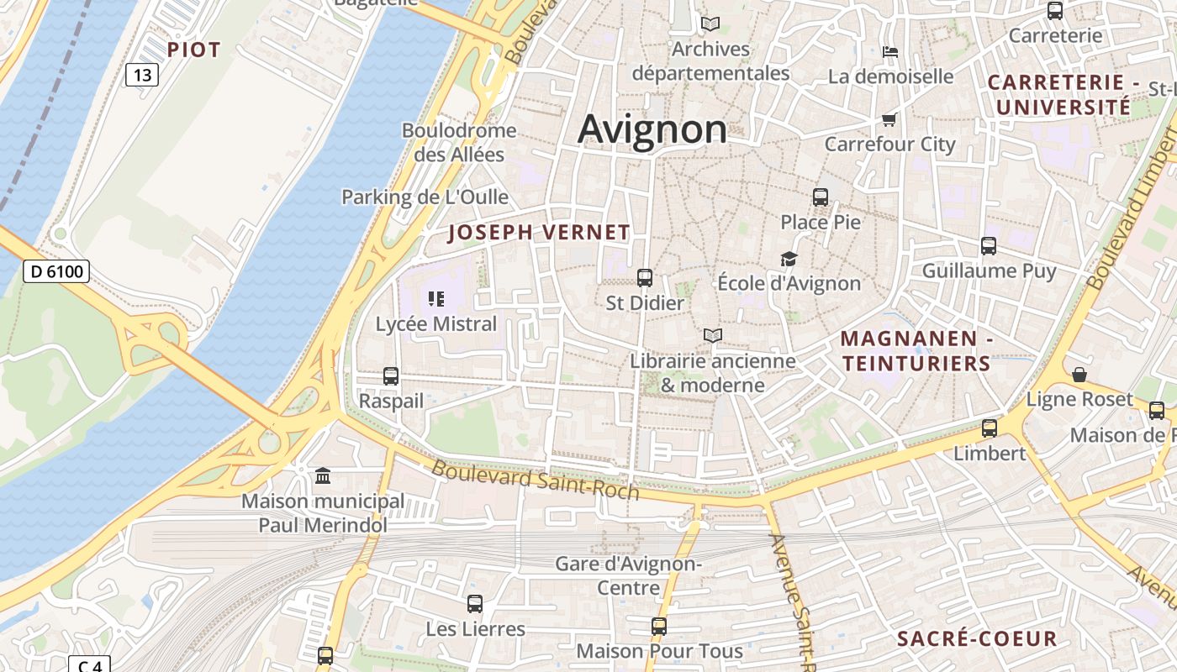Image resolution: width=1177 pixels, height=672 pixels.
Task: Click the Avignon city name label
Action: coord(652,129)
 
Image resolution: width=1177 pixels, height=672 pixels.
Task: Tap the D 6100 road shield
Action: coord(55,271)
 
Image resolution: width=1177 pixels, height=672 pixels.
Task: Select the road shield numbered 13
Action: coord(142,75)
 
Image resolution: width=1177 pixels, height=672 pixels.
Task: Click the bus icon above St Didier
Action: coord(645,277)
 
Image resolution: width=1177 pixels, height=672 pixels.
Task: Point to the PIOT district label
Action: coord(193,50)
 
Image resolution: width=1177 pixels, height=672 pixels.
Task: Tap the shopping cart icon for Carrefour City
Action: coord(889,119)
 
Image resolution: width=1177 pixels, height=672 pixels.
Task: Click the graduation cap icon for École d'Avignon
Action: coord(789,259)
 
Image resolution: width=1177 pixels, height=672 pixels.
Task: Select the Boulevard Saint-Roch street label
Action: coord(536,480)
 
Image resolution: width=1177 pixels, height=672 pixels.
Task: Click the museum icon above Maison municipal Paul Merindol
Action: coord(323,477)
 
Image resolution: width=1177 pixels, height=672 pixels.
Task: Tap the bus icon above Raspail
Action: coord(391,376)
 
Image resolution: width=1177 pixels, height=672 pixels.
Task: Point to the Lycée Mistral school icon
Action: coord(435,298)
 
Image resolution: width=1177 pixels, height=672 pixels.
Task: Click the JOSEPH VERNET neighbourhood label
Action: coord(539,233)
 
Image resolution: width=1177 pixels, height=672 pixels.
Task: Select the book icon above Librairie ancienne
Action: coord(713,336)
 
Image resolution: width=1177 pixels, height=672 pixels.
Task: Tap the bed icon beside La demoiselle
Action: coord(890,52)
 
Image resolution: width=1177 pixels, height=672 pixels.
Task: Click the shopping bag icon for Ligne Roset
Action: coord(1079,375)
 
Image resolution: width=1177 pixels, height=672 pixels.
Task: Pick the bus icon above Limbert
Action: coord(990,428)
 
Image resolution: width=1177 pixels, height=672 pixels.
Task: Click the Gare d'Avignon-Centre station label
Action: coord(629,575)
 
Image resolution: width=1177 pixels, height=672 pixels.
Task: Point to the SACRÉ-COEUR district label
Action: coord(977,638)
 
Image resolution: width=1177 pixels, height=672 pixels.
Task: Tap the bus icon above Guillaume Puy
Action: coord(989,246)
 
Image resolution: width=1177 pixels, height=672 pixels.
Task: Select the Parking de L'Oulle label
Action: coord(425,197)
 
